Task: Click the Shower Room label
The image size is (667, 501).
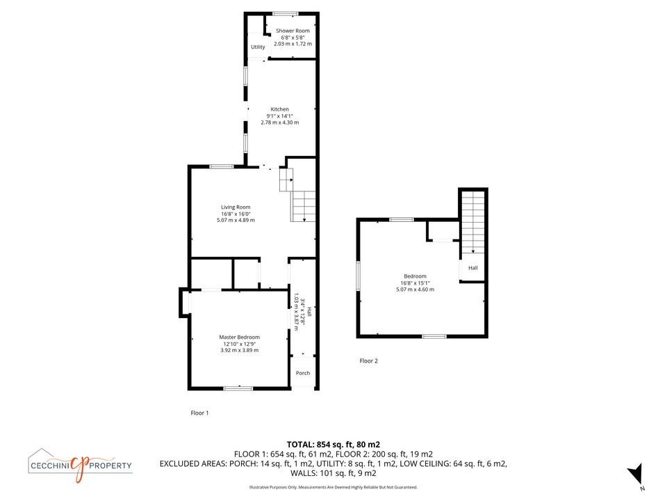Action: point(293,31)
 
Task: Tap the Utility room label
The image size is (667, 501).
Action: point(258,47)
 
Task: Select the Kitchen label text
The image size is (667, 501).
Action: point(280,109)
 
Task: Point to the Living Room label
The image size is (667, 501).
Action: point(236,207)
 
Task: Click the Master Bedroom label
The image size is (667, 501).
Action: point(240,337)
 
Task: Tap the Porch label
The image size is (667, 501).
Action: point(303,373)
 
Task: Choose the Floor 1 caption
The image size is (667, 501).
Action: point(199,413)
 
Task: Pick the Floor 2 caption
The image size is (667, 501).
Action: point(369,361)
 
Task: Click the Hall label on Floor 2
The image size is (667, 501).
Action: point(473,268)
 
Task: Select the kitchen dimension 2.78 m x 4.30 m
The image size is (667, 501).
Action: point(280,122)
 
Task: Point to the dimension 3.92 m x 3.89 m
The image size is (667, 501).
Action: point(240,350)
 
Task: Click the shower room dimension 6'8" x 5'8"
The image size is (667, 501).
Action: point(293,38)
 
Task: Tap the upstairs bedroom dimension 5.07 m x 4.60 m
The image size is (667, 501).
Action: point(415,289)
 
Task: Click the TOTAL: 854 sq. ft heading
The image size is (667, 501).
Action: point(333,445)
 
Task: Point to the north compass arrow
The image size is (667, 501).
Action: point(635,474)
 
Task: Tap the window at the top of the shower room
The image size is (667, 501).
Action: point(285,14)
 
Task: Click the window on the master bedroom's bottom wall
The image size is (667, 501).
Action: point(238,388)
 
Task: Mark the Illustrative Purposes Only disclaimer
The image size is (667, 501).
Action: point(333,487)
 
